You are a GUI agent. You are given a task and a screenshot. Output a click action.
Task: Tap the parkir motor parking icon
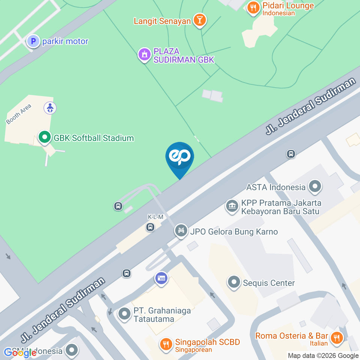(33, 41)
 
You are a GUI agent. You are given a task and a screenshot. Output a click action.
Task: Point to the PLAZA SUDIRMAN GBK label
(183, 55)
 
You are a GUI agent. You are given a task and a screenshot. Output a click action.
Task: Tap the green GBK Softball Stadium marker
(45, 138)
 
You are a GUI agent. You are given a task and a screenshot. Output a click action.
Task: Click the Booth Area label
(18, 114)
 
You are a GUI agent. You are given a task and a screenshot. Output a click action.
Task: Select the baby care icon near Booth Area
(50, 108)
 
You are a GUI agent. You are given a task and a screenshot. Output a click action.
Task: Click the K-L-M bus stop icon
(150, 227)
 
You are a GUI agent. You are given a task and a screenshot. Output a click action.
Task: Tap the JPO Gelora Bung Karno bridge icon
(181, 231)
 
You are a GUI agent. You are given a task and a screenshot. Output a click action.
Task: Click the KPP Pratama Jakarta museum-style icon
(232, 205)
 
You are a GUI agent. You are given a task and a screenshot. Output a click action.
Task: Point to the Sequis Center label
(268, 283)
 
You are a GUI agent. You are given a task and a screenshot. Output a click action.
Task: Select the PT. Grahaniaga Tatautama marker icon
(124, 314)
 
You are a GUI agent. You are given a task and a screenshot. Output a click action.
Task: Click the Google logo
(20, 352)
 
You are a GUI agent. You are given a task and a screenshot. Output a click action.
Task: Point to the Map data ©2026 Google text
(323, 355)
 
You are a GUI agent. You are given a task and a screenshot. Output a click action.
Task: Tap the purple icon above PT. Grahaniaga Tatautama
(161, 279)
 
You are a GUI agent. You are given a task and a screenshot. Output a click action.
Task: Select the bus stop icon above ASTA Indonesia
(291, 154)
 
